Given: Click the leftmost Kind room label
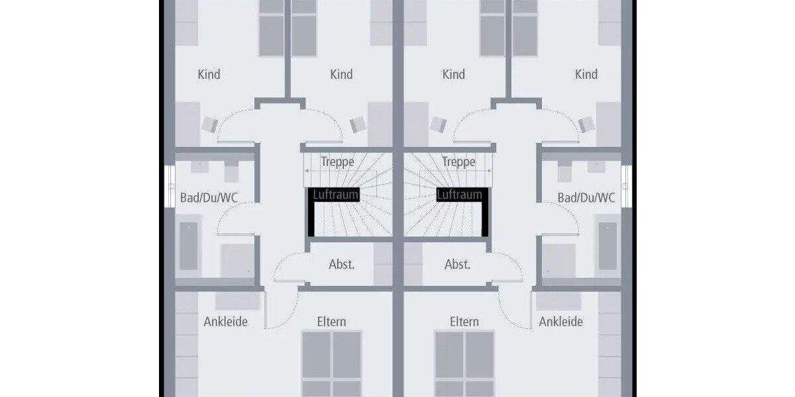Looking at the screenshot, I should pyautogui.click(x=209, y=74).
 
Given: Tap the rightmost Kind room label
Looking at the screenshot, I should pyautogui.click(x=586, y=74).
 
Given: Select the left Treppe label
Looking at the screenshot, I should pyautogui.click(x=337, y=161).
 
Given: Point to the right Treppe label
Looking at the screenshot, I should pyautogui.click(x=458, y=161).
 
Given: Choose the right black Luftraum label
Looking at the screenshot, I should pyautogui.click(x=459, y=195).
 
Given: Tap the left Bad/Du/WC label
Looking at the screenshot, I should pyautogui.click(x=209, y=197).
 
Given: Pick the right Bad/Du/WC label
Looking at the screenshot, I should pyautogui.click(x=586, y=197).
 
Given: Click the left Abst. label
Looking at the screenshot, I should pyautogui.click(x=342, y=264).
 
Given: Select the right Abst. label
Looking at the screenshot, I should pyautogui.click(x=457, y=264).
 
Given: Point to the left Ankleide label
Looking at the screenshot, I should pyautogui.click(x=225, y=322).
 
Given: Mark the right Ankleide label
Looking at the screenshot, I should pyautogui.click(x=560, y=322).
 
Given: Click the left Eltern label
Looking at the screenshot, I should pyautogui.click(x=331, y=322).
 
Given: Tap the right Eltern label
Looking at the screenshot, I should pyautogui.click(x=464, y=322).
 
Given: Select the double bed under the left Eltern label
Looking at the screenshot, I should pyautogui.click(x=331, y=364).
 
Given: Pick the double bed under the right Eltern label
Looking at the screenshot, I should pyautogui.click(x=464, y=364).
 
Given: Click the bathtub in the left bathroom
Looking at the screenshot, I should pyautogui.click(x=189, y=245).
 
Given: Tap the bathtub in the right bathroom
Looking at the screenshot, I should pyautogui.click(x=608, y=245).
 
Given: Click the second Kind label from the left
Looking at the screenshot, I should pyautogui.click(x=341, y=74).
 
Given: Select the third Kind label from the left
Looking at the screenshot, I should pyautogui.click(x=454, y=74).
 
